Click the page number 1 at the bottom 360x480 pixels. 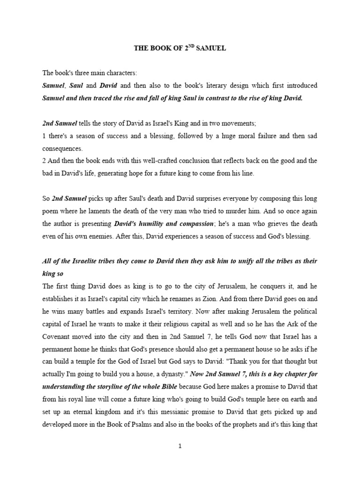[180, 446]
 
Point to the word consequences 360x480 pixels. [63, 149]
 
